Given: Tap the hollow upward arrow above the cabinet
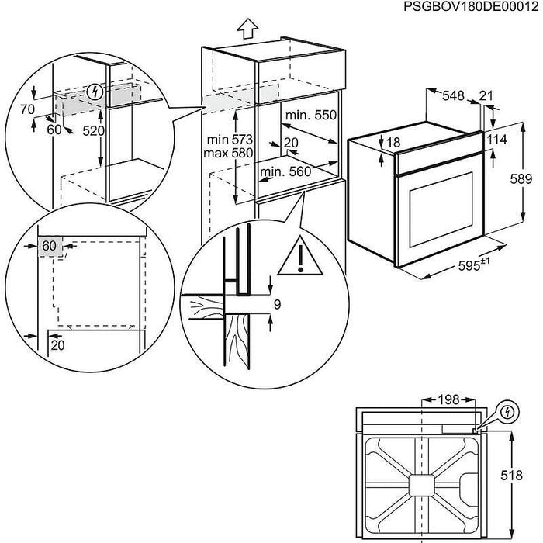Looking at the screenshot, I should pos(246,29).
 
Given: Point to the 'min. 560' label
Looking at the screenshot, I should pos(283,172).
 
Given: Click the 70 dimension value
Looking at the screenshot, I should pos(28,110).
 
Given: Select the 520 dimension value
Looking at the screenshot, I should pos(93,131).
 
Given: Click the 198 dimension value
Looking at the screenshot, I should pos(448,400).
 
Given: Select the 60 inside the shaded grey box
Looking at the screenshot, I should pos(50,245).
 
